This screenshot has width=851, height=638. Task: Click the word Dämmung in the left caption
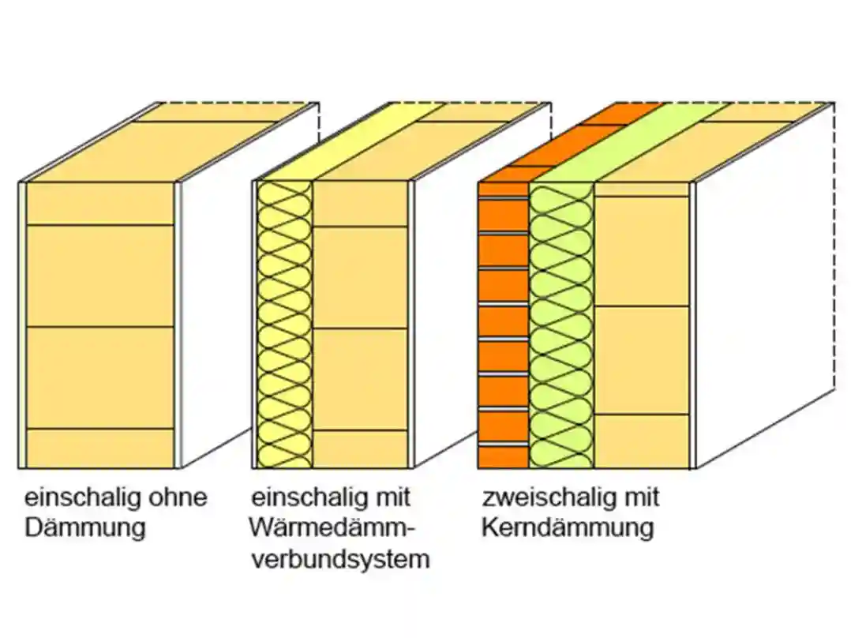tap(85, 528)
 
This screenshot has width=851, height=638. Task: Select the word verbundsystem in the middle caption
tap(340, 559)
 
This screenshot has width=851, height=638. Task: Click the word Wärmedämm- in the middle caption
tap(331, 528)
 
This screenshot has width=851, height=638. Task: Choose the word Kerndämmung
tap(568, 528)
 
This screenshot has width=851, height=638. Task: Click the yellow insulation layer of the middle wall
tap(284, 324)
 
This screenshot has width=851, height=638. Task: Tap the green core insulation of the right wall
tap(561, 324)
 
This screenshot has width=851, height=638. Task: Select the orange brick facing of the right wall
tap(504, 324)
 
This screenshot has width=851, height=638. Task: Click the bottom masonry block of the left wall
tap(99, 448)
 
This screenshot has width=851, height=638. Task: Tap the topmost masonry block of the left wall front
tap(99, 204)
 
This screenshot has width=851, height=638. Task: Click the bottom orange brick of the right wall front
tap(504, 457)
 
